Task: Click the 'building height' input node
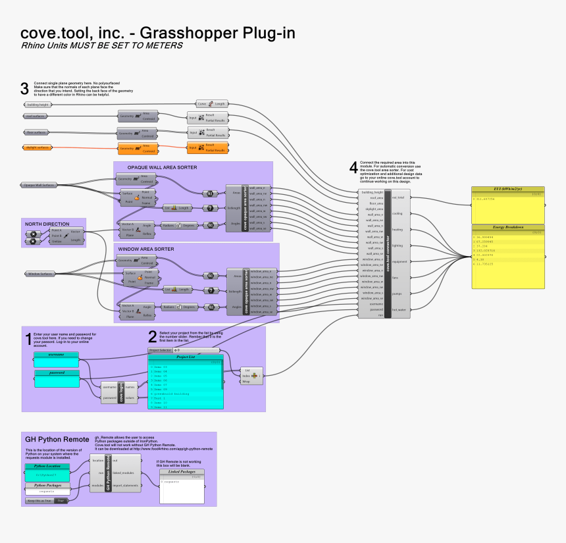[38, 104]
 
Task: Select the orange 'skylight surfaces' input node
[38, 147]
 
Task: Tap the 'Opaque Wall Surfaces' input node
[39, 186]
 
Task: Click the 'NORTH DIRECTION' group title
[47, 224]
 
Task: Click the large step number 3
[24, 88]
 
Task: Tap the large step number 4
[353, 167]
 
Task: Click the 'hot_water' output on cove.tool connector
[399, 309]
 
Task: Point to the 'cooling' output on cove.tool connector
[398, 213]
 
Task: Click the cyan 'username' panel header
[56, 354]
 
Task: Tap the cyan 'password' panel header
[56, 373]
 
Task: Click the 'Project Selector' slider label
[159, 351]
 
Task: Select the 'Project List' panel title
[186, 357]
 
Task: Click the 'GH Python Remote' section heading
[57, 438]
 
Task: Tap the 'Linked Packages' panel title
[182, 472]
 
